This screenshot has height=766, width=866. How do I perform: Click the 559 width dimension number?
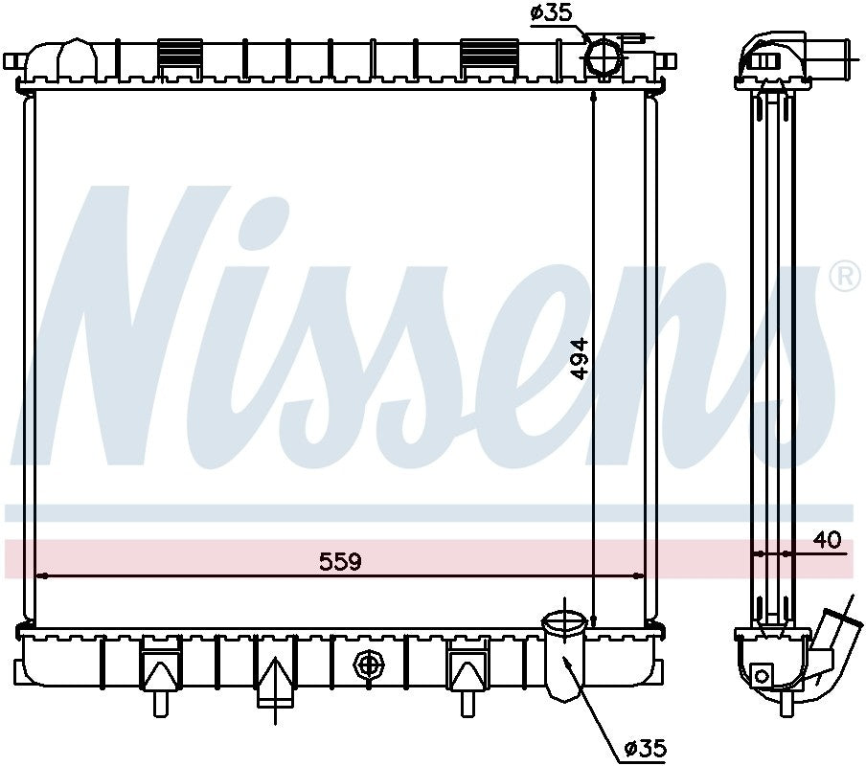[340, 563]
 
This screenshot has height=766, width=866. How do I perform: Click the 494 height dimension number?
[580, 359]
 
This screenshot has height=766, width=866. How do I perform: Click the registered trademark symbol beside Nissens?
[843, 277]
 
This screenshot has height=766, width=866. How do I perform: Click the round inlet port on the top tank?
[604, 56]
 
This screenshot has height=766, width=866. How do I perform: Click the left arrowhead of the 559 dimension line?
[40, 575]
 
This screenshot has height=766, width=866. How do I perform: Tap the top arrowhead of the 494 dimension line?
[594, 99]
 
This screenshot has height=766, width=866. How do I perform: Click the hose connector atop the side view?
[828, 53]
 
